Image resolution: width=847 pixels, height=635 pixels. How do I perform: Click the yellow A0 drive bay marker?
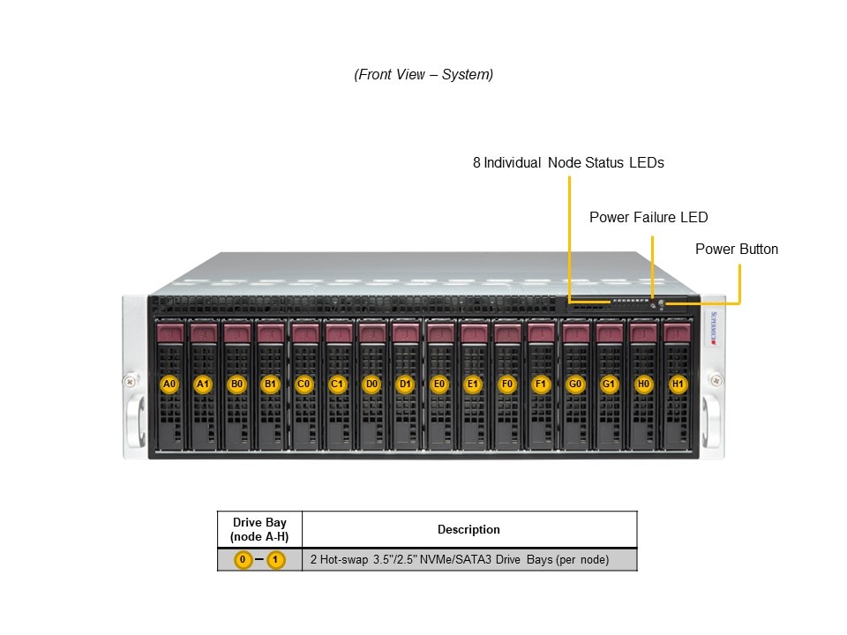pos(170,385)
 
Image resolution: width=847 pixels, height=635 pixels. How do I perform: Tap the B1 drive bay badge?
pos(269,385)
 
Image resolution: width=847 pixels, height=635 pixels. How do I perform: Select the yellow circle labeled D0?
pos(372,385)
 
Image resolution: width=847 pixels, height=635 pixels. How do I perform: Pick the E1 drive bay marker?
pos(473,385)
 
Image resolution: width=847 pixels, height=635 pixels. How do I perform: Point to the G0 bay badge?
pos(575,385)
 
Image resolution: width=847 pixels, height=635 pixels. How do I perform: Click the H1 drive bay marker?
pos(678,385)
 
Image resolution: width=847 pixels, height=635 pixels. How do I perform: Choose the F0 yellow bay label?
pos(506,385)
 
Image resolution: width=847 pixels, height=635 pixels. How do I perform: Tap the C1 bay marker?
pos(337,385)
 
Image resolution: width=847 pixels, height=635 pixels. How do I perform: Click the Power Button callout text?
pos(737,250)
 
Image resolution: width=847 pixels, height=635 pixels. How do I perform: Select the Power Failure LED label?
pos(648,218)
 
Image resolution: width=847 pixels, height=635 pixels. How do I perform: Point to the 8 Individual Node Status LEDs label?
pos(568,163)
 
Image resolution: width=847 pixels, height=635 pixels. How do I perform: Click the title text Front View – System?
pos(423,75)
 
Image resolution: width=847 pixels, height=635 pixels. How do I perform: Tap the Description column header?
pos(468,530)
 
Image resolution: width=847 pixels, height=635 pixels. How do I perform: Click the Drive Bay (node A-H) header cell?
pos(259,530)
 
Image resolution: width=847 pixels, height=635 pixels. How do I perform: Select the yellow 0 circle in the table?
pos(243,560)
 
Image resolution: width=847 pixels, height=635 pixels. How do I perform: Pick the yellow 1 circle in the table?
pos(276,560)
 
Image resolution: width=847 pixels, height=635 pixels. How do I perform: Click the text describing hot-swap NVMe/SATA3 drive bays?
pos(460,560)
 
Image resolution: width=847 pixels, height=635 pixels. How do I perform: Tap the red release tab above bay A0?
pos(170,333)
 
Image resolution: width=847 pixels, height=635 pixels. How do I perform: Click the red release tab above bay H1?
pos(677,333)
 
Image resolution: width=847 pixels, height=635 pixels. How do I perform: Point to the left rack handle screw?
pos(131,381)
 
